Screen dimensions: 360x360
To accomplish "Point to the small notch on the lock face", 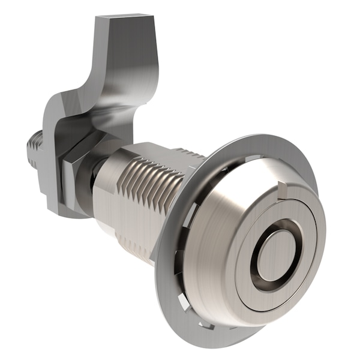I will [282, 191].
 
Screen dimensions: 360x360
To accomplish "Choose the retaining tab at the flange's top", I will [252, 158].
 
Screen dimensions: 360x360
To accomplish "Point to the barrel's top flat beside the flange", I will [162, 150].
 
